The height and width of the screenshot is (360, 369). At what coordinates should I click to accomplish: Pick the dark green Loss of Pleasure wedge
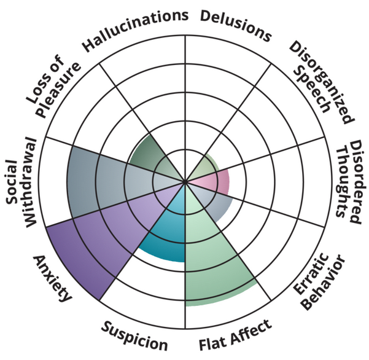(153, 154)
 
